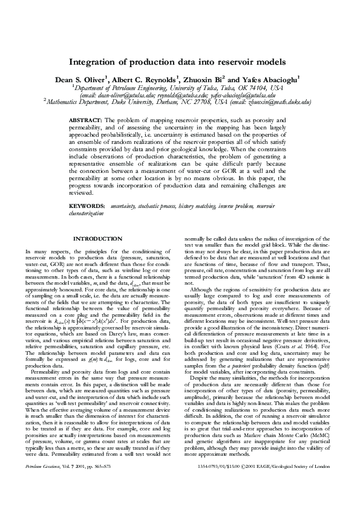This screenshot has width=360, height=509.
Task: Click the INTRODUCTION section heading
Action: pos(98,239)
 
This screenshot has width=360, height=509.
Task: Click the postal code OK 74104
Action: pos(252,87)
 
